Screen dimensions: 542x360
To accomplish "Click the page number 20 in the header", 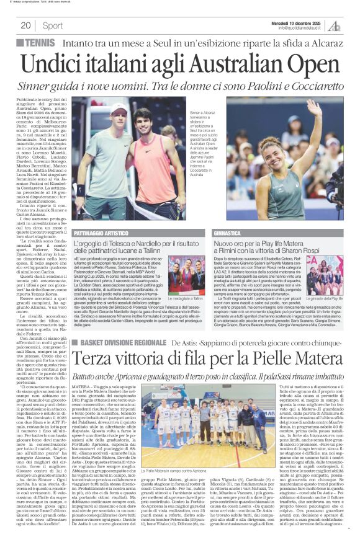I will (x=26, y=25).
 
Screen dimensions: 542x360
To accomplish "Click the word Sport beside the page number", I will (x=53, y=25).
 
